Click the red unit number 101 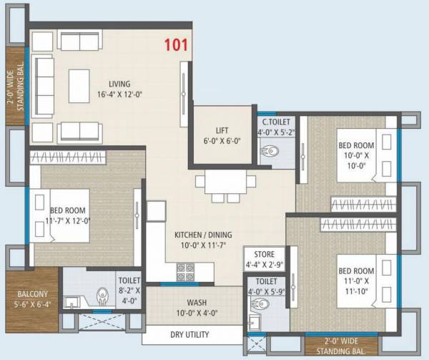[176, 45]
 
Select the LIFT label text [222, 130]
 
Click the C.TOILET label [275, 123]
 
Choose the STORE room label [260, 254]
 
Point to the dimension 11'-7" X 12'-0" [68, 220]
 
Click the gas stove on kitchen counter [186, 271]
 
